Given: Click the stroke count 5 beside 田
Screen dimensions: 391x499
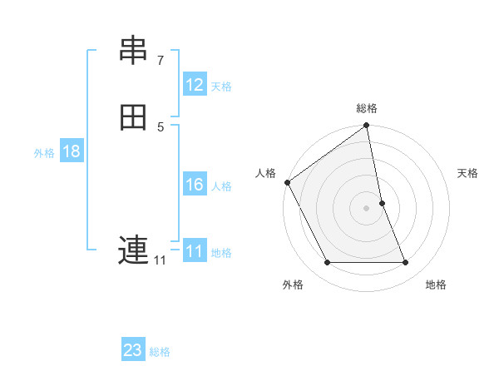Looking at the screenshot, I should (160, 126).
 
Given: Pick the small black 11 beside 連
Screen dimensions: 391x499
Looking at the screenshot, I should (160, 260).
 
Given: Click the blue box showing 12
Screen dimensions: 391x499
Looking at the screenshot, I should (195, 85).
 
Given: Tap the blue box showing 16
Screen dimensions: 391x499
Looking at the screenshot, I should (195, 185).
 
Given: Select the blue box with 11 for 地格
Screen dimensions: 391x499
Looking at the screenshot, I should (195, 251).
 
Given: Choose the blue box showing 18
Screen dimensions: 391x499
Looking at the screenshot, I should (72, 151).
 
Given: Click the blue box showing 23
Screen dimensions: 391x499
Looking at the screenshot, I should (133, 350).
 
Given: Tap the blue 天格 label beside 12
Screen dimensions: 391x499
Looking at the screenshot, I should (221, 86).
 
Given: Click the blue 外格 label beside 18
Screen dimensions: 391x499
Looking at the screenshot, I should (44, 152).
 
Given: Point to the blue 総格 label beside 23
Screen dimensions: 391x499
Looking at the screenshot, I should (160, 351).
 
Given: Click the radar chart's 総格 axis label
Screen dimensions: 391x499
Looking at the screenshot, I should (367, 108).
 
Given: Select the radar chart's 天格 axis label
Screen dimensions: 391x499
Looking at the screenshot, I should (468, 173).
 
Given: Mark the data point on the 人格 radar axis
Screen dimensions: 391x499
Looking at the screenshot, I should (288, 182).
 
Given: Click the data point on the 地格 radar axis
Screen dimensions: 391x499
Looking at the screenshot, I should (406, 263).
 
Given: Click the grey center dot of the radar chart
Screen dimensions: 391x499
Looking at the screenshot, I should (367, 208).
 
